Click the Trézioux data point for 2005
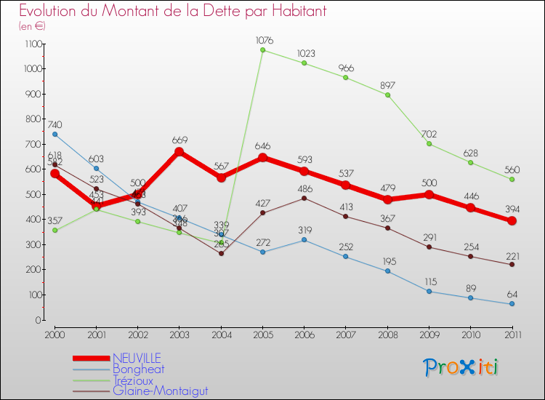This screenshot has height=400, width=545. (263, 50)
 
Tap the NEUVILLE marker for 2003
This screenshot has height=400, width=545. (179, 152)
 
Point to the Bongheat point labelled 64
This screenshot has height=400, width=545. (512, 304)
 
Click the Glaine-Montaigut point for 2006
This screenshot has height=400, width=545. (304, 198)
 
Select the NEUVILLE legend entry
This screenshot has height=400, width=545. (137, 358)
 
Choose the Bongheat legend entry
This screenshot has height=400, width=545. (139, 369)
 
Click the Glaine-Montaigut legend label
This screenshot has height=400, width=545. (160, 391)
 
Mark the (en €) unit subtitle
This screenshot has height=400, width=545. (33, 26)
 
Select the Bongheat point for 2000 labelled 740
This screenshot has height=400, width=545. (55, 135)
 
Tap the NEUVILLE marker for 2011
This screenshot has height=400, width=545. (512, 221)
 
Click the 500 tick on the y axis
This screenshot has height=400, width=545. (33, 194)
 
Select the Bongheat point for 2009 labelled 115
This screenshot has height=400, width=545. (429, 292)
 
